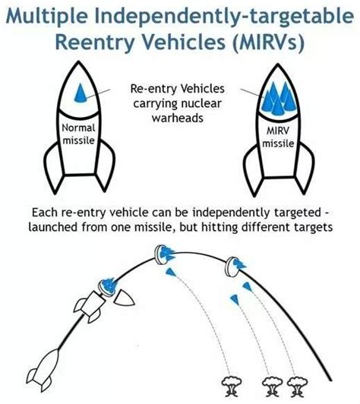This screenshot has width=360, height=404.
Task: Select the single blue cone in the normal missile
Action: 80,93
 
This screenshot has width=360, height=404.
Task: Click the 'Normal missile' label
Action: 78,134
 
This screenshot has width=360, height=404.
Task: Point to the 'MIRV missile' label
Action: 278,137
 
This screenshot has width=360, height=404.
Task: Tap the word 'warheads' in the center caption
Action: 178,118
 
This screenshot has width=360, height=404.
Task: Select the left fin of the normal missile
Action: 53,168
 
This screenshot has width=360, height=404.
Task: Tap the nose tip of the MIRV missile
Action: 278,64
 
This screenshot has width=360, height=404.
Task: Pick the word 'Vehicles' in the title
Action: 185,42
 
